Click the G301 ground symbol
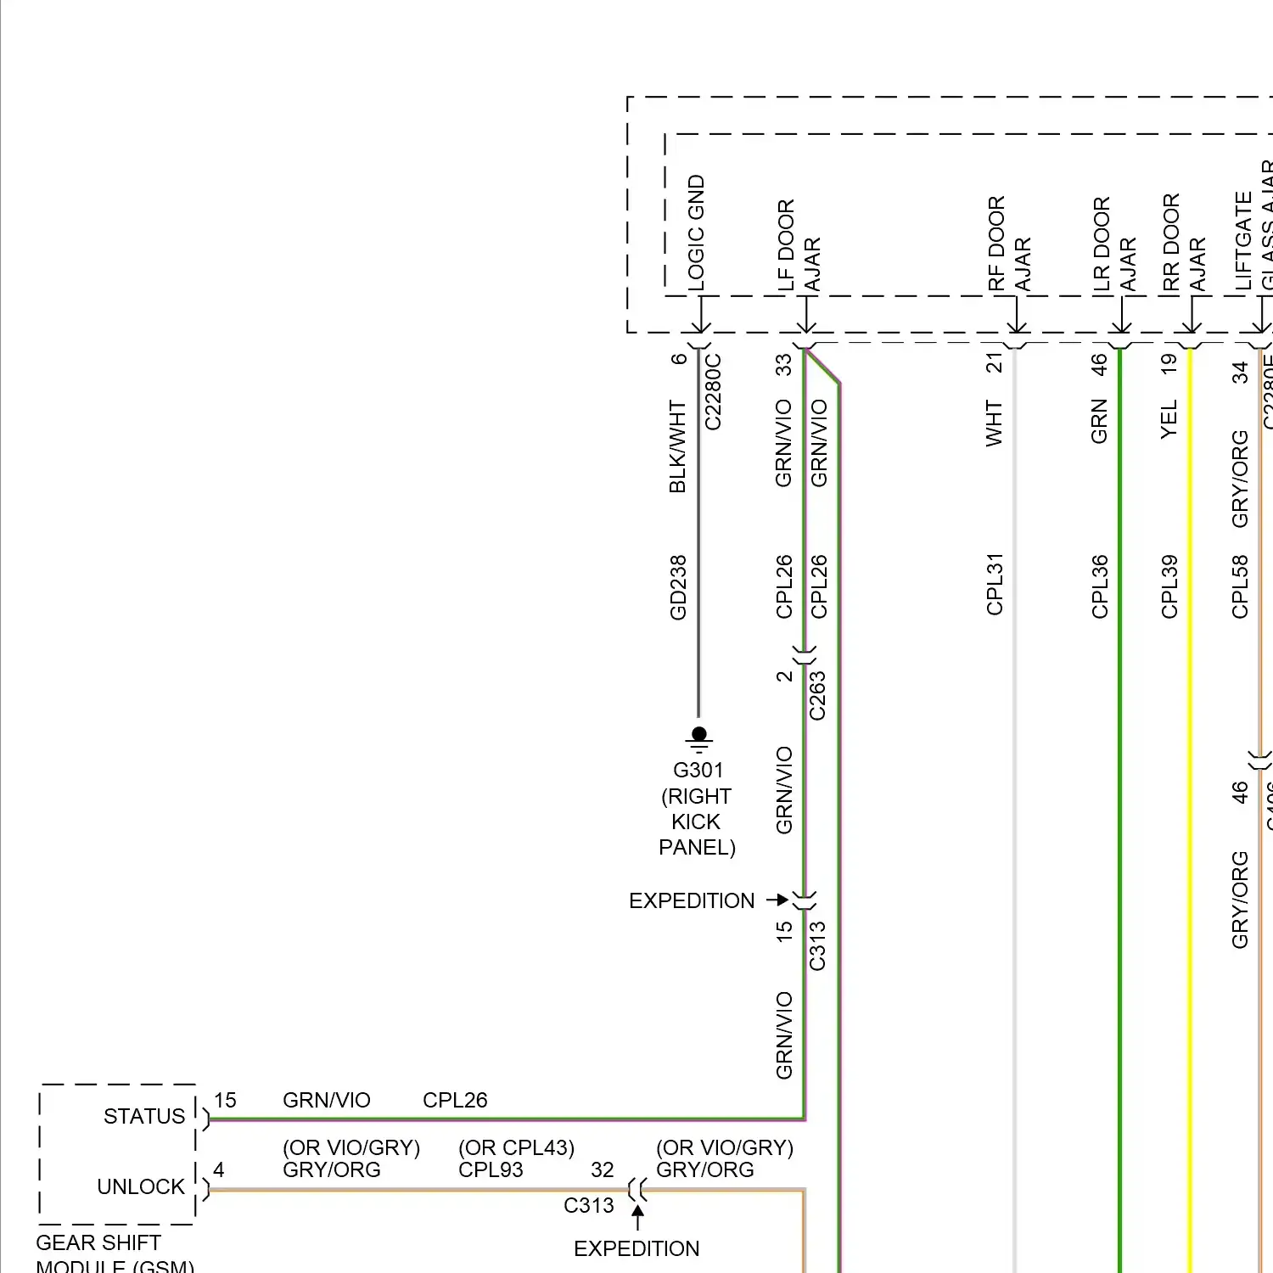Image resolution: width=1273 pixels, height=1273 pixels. [698, 738]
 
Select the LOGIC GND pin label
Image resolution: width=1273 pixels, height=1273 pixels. [696, 233]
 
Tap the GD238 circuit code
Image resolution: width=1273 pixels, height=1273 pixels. [678, 588]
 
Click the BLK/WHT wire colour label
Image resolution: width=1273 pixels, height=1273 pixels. [677, 446]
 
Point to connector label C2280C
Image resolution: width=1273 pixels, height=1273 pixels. [713, 391]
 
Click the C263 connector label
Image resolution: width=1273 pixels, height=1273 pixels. [817, 696]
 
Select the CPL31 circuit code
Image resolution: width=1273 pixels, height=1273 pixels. [995, 584]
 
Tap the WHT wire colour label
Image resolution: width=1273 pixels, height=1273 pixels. [994, 423]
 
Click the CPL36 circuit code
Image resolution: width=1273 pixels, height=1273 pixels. [1100, 586]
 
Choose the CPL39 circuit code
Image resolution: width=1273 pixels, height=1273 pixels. [1169, 586]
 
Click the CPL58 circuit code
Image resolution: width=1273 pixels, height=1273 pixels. [1240, 586]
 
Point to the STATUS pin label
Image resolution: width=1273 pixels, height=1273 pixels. [144, 1116]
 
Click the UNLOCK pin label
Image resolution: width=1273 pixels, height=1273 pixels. [141, 1186]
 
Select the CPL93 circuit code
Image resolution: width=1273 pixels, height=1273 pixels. [491, 1169]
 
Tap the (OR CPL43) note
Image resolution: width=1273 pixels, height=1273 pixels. [516, 1147]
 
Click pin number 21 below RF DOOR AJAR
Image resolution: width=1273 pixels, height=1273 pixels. [994, 362]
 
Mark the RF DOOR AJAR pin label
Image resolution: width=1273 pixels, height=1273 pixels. [1009, 244]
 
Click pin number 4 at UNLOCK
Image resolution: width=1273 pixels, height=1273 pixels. [219, 1169]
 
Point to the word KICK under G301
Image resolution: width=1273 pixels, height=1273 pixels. [696, 822]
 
